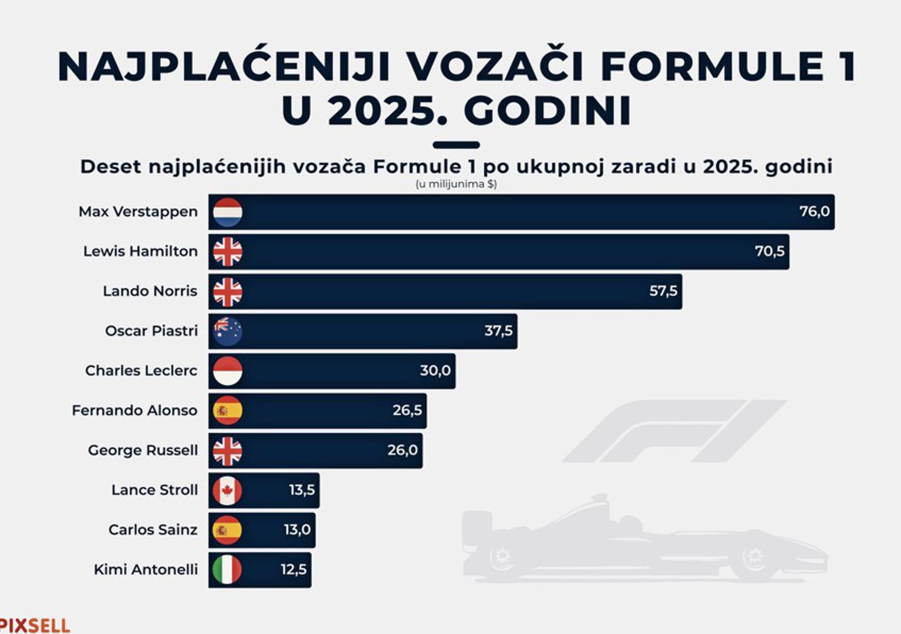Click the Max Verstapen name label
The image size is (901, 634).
tap(138, 212)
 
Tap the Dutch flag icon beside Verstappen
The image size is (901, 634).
tap(228, 212)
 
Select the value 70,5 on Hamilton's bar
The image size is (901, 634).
tap(770, 251)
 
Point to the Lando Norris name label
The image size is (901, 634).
tap(150, 291)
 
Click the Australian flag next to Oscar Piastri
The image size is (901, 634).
tap(228, 331)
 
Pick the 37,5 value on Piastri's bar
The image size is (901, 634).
tap(498, 331)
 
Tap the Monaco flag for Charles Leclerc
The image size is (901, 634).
tap(228, 371)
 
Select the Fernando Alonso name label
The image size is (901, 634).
tap(134, 410)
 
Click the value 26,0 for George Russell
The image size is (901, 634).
tap(403, 450)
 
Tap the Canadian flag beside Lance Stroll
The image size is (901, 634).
tap(228, 490)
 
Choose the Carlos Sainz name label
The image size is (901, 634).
tap(153, 530)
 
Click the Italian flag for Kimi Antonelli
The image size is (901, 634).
tap(228, 569)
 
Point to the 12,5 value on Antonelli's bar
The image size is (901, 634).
tap(294, 569)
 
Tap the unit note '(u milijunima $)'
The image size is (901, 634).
tap(456, 184)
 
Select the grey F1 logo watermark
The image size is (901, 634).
tap(675, 431)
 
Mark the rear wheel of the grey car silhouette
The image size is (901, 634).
tap(502, 554)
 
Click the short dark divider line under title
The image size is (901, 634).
tap(456, 145)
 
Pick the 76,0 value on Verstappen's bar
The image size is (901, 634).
tap(814, 211)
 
